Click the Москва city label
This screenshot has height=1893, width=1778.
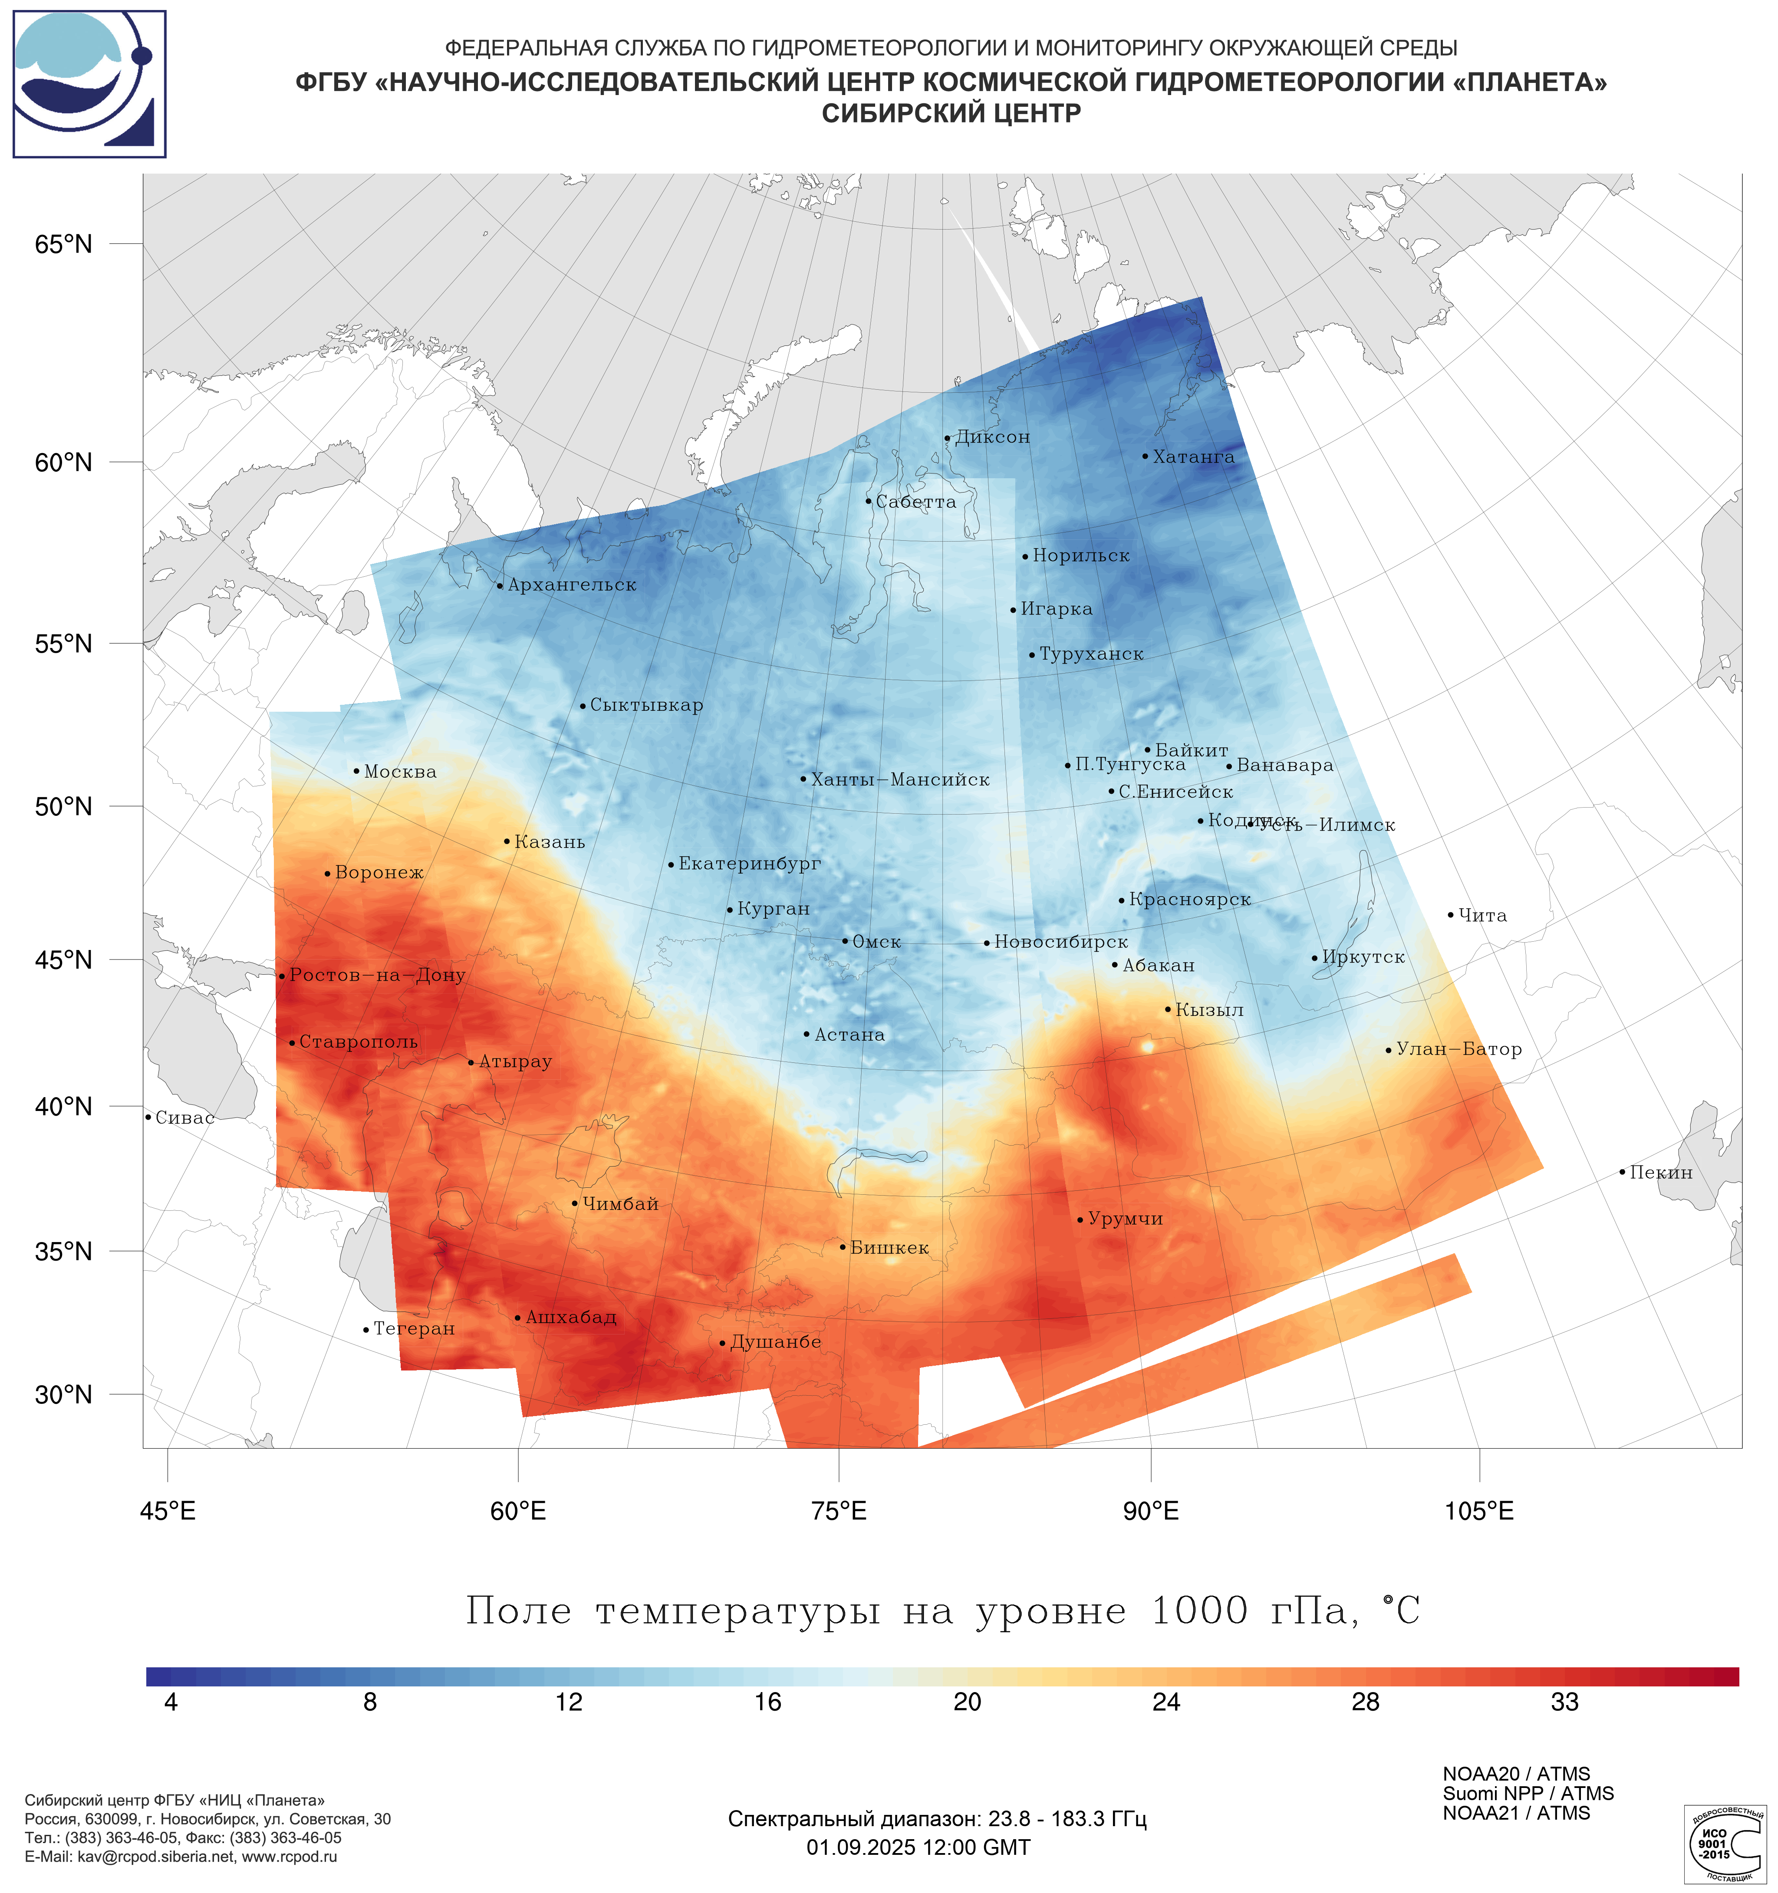400,772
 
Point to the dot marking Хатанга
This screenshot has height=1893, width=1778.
1146,456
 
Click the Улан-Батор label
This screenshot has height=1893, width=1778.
1458,1049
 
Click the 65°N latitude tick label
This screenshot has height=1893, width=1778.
64,245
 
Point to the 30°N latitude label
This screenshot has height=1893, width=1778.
64,1395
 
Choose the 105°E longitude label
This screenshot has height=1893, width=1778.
1479,1511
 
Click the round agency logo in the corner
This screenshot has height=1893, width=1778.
89,84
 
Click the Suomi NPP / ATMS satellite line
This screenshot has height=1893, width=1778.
1528,1794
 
